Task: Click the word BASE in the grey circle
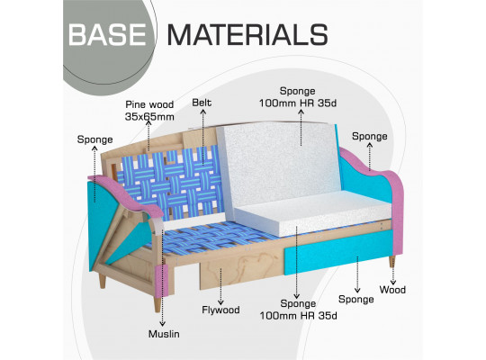[107, 35]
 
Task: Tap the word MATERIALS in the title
[247, 35]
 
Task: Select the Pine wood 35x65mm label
[149, 111]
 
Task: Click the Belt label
[202, 103]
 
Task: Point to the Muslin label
[164, 334]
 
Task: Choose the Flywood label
[220, 310]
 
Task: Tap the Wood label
[392, 290]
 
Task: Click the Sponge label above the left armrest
[94, 139]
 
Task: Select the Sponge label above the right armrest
[370, 137]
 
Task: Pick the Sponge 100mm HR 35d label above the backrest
[298, 97]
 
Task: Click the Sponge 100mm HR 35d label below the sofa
[298, 310]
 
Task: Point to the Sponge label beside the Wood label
[355, 300]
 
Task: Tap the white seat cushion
[313, 214]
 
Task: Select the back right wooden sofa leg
[392, 262]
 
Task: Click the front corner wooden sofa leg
[157, 304]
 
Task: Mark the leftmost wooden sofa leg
[102, 282]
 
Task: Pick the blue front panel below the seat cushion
[338, 252]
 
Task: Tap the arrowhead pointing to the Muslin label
[162, 324]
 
